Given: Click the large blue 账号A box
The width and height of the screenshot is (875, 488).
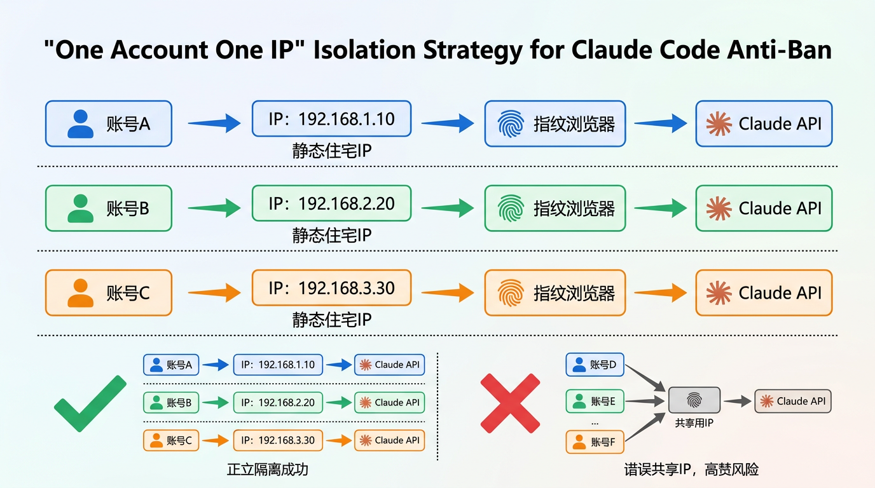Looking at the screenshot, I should point(109,123).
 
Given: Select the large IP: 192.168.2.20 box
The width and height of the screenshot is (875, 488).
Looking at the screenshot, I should point(331,203).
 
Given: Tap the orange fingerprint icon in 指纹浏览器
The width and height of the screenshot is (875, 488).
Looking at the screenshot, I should point(511,293).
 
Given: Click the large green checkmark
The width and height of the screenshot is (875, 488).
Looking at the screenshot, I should point(90,403).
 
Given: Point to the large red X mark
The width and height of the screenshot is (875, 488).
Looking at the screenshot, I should point(510,403).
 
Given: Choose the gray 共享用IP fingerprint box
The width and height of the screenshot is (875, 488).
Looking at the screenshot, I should point(694,400).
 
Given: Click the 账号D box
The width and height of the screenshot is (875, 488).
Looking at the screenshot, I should point(595,365).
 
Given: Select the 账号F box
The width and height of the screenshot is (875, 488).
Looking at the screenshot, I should point(595,442).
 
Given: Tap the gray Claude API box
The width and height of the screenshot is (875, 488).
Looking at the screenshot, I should point(793,401).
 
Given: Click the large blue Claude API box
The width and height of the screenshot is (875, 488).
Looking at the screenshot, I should point(764,123).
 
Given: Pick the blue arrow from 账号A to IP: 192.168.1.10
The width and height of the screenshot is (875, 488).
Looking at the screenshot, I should point(214,123).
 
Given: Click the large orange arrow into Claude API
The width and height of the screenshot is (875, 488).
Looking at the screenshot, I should point(660,292).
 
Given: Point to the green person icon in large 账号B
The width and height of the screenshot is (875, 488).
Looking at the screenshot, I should point(80,208).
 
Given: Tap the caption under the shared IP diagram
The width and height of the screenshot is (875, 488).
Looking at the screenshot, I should point(691,470).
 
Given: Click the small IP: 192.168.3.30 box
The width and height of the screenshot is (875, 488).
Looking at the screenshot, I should point(278,440).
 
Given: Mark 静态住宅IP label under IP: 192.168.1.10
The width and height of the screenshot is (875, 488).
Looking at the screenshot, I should point(331,151).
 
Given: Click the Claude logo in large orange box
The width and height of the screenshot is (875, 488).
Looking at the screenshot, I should point(719,293).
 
